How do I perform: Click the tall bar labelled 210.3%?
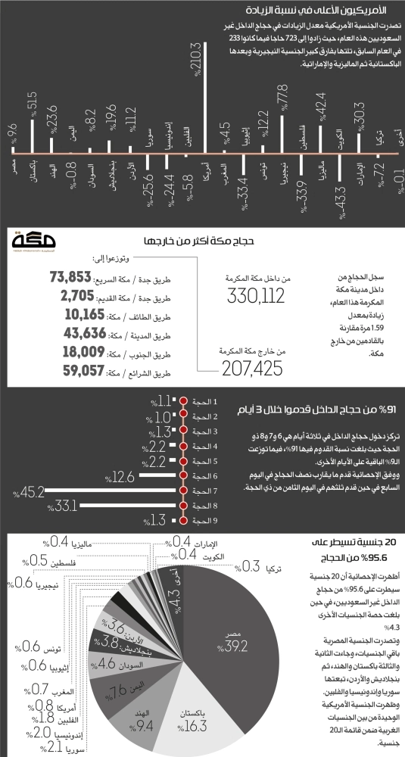pyautogui.click(x=206, y=121)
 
